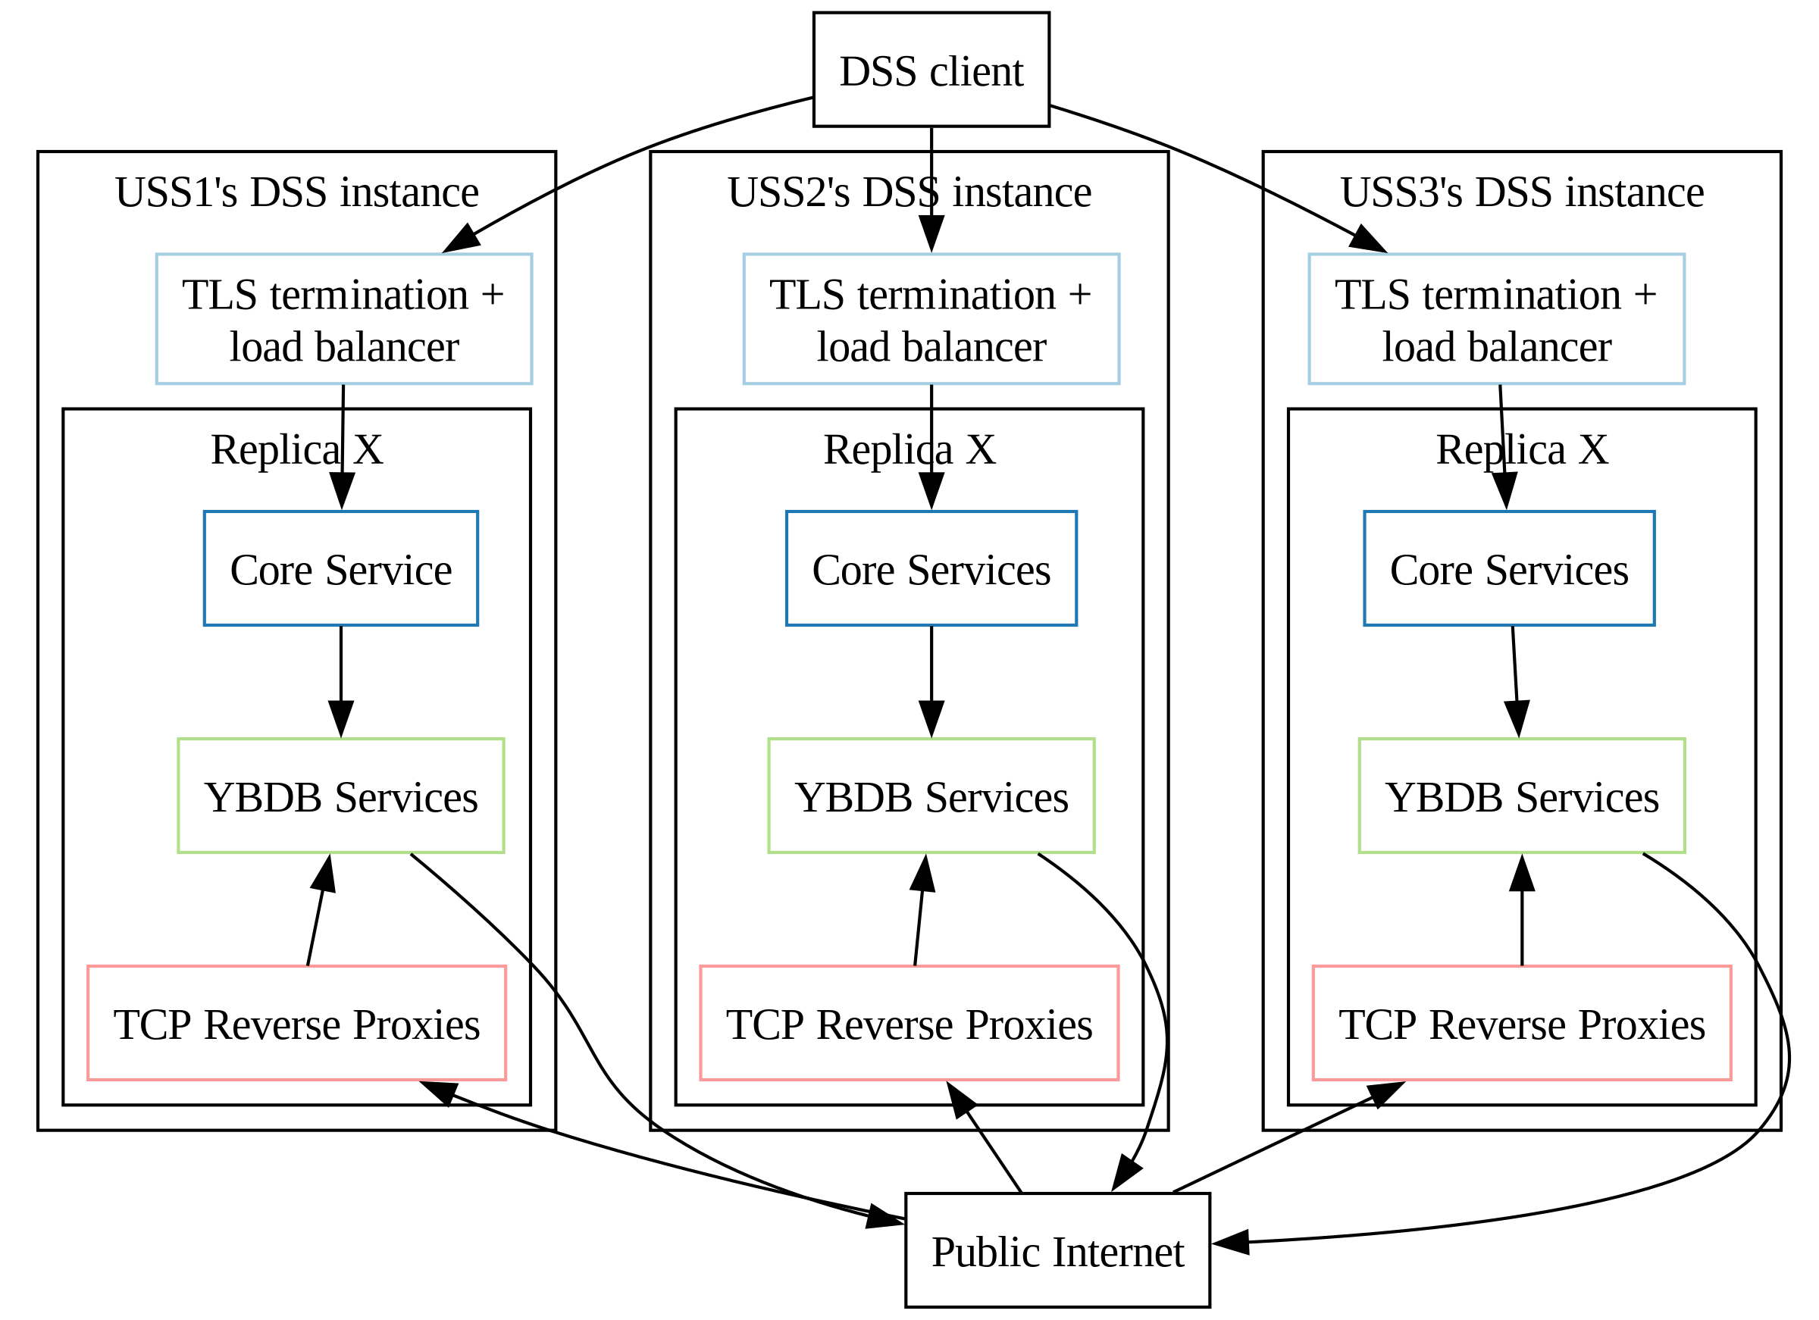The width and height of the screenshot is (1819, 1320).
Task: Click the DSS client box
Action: (931, 70)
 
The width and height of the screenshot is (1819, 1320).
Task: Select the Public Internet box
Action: (1057, 1251)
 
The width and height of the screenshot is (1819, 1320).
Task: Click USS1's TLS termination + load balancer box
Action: (343, 318)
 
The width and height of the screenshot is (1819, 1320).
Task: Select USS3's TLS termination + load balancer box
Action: (1496, 318)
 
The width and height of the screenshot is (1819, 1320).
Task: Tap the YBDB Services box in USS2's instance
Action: (931, 796)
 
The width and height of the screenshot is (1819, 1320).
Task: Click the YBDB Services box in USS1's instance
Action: (341, 796)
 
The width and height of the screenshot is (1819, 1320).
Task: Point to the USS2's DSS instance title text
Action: (909, 192)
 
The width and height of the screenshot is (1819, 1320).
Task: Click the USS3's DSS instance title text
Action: (1521, 192)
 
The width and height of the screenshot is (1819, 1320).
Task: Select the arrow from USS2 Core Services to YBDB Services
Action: (931, 674)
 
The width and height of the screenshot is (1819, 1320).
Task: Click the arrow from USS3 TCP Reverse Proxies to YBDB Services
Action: (1521, 922)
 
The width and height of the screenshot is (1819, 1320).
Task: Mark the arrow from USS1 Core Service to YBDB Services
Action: (341, 674)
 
